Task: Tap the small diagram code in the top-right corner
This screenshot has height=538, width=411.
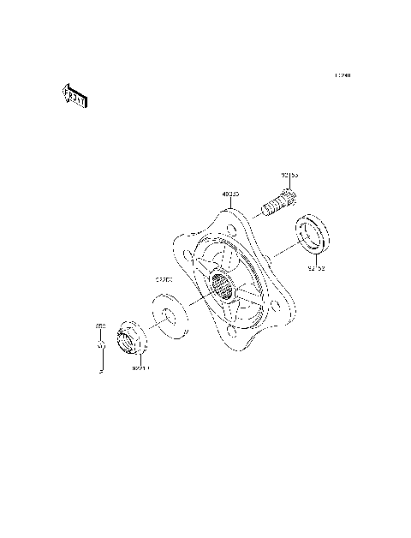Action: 342,75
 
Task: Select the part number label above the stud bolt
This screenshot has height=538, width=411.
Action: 289,176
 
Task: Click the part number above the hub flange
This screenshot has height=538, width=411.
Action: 230,194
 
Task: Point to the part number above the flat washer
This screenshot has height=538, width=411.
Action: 164,278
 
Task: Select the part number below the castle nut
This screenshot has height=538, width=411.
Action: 140,370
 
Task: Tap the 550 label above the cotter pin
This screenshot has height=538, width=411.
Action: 99,326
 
